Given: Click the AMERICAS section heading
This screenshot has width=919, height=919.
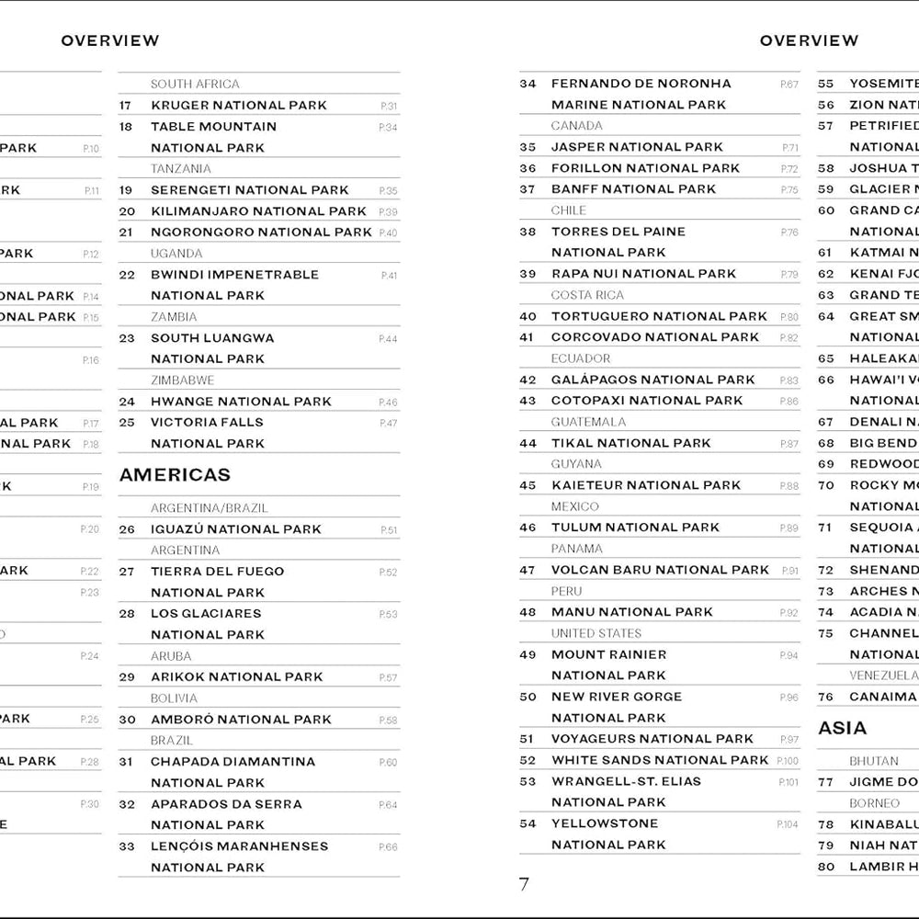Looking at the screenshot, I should (175, 475).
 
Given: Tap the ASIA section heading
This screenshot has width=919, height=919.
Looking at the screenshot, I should (842, 728).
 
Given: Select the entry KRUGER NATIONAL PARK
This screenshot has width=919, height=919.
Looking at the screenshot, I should (239, 105).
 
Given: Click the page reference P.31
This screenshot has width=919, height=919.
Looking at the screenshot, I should (389, 106).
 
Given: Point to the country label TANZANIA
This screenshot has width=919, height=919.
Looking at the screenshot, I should (180, 168).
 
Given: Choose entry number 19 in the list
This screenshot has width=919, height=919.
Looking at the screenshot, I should (127, 190).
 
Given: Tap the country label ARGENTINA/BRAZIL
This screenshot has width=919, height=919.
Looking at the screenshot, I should (210, 507).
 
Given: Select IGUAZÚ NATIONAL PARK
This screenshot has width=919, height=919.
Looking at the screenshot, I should (236, 529).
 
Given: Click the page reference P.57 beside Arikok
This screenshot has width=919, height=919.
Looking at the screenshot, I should (389, 678).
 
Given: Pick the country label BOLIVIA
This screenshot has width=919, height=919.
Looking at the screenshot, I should (174, 698).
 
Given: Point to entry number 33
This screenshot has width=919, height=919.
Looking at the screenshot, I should (127, 846).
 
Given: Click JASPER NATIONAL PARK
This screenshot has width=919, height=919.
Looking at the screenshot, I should (637, 147).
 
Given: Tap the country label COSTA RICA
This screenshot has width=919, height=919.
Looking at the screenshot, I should (587, 295).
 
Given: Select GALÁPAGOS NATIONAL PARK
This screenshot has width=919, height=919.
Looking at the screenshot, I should (652, 380).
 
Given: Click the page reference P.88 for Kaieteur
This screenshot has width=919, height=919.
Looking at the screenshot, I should (789, 486).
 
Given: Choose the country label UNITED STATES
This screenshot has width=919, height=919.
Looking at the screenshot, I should (596, 633).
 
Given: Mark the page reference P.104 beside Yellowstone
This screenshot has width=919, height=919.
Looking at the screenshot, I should (788, 824).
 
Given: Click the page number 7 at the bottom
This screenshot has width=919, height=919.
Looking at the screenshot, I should (524, 885).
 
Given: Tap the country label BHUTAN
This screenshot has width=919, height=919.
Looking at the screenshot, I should (874, 761).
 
